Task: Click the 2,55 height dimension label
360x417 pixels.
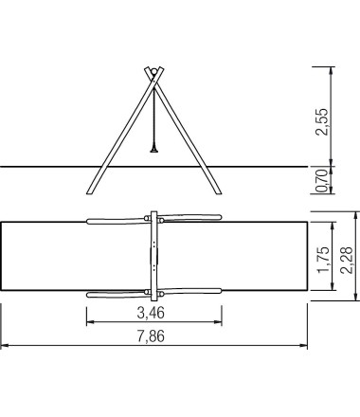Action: click(x=322, y=121)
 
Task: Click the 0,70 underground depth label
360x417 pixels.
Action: click(x=322, y=180)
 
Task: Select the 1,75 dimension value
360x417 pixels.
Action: click(x=324, y=259)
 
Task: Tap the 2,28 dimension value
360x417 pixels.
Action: click(x=347, y=260)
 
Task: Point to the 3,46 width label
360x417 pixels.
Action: click(x=151, y=313)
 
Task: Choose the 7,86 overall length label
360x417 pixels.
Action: click(x=151, y=336)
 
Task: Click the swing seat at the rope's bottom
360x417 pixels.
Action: click(x=154, y=151)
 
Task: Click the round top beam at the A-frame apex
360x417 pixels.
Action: click(x=154, y=71)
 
